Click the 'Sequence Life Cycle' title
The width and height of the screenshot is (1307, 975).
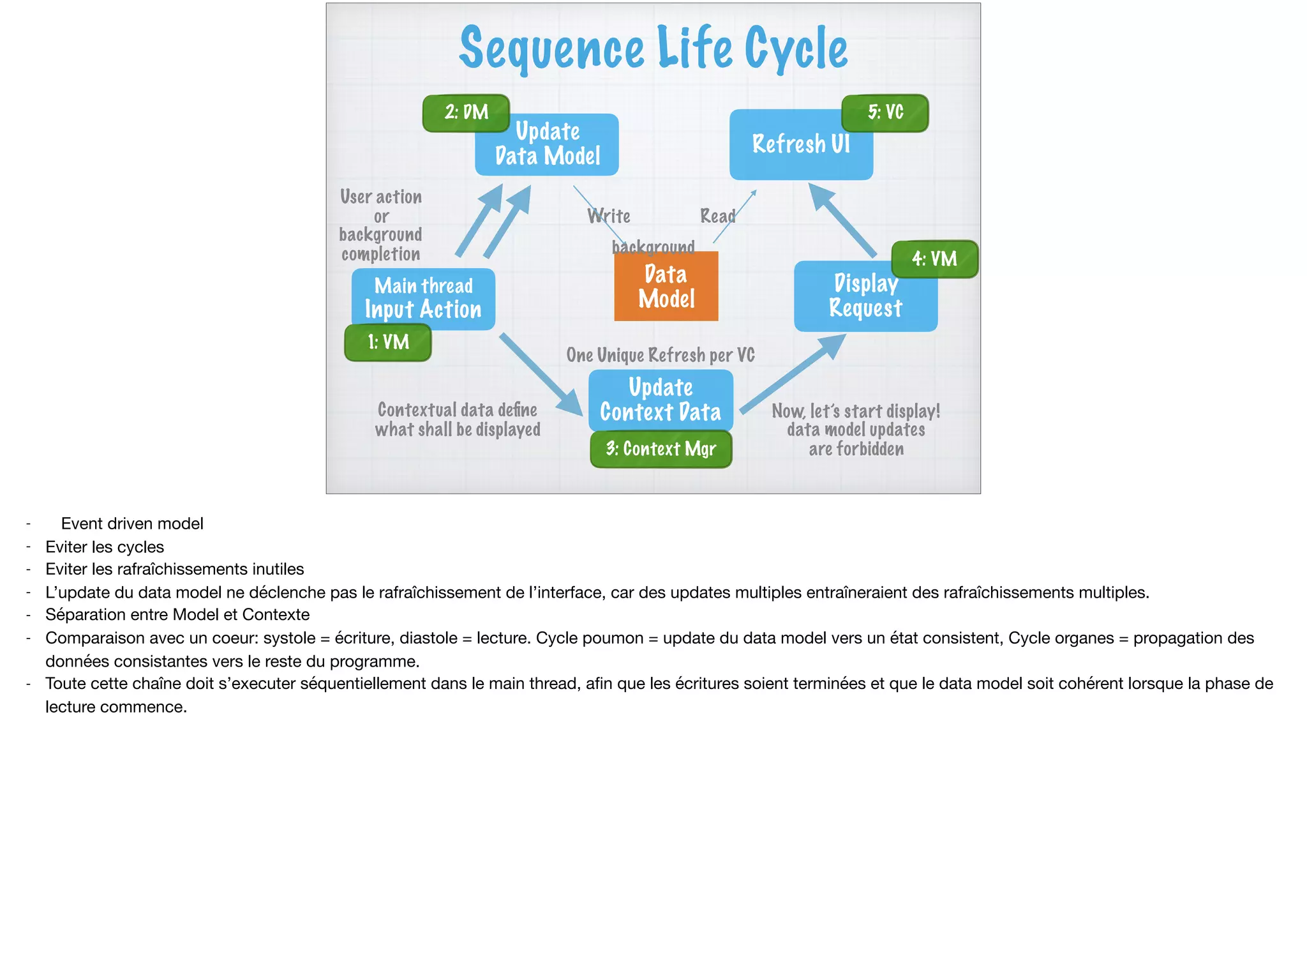tap(653, 49)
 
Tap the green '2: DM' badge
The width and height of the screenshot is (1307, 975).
tap(466, 113)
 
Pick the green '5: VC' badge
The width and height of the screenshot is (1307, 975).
tap(885, 113)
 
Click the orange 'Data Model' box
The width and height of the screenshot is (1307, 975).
tap(666, 287)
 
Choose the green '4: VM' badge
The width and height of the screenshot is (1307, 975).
tap(934, 259)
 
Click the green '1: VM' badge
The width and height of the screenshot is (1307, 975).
tap(388, 343)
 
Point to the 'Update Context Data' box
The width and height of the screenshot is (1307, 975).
tap(661, 400)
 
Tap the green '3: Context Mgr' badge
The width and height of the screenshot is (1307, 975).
tap(661, 450)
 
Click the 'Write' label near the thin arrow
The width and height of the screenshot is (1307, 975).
tap(609, 216)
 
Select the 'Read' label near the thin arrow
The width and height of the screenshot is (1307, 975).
tap(717, 216)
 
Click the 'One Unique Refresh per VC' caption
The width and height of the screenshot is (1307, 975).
tap(661, 355)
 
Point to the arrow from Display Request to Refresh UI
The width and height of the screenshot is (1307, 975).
tap(842, 220)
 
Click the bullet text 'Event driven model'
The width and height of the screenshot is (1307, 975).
tap(132, 524)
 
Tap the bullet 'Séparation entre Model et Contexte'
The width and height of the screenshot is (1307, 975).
tap(177, 615)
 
